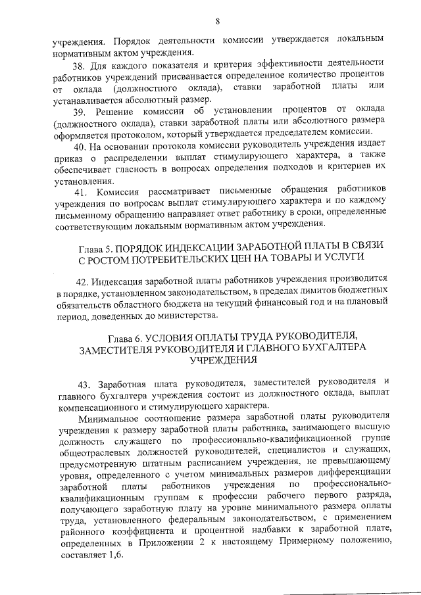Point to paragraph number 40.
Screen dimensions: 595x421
coord(80,145)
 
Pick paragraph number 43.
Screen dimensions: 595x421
coord(86,382)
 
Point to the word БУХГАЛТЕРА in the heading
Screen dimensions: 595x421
coord(328,348)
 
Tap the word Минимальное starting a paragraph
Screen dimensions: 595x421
coord(109,417)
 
